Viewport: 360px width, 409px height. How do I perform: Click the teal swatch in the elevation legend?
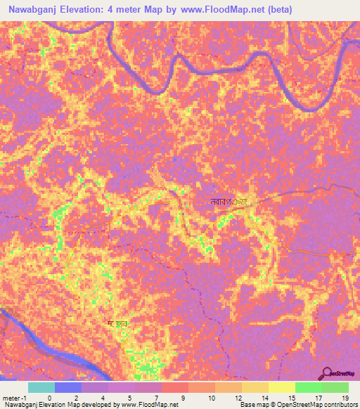point(41,387)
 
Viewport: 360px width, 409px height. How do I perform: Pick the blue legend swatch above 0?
point(68,387)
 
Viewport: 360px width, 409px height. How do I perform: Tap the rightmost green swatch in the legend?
point(335,387)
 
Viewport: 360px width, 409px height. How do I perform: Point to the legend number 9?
point(184,397)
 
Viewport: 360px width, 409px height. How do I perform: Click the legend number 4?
point(103,397)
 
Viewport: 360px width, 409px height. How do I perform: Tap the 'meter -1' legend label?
point(15,397)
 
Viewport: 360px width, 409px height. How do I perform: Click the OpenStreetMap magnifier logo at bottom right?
point(327,374)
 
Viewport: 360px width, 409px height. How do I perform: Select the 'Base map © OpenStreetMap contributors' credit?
point(298,405)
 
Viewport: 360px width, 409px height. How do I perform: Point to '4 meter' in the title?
point(131,10)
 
